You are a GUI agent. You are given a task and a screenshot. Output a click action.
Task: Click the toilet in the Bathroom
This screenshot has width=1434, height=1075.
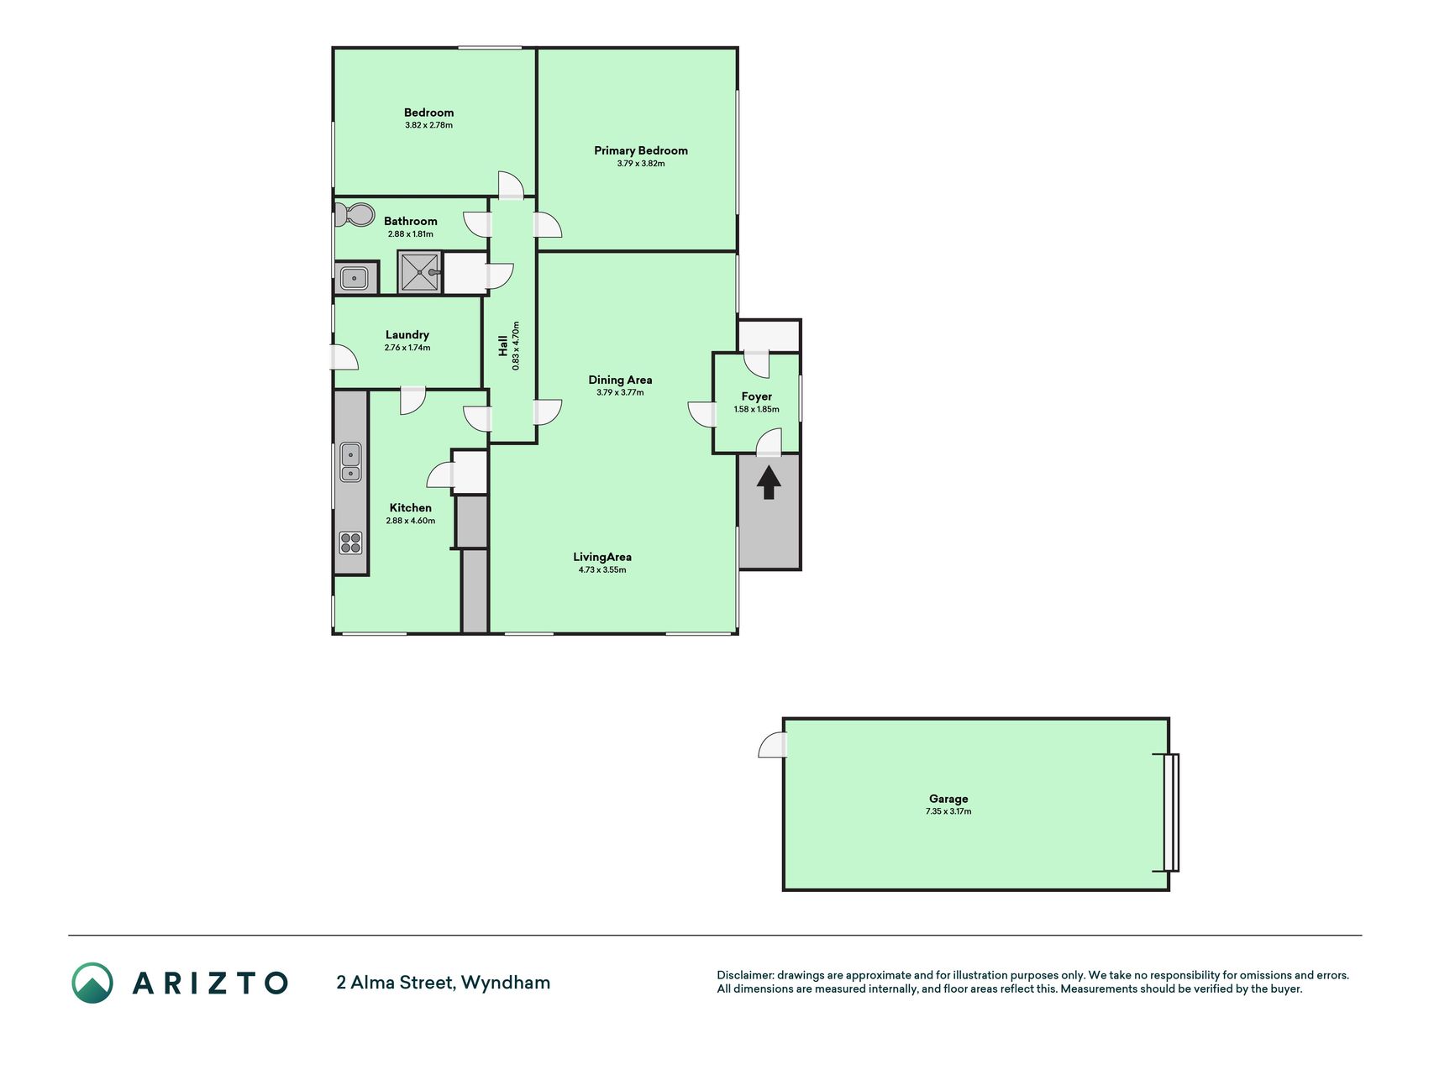coord(354,214)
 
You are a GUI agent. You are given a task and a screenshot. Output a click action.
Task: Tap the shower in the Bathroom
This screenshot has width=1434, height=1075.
coord(419,273)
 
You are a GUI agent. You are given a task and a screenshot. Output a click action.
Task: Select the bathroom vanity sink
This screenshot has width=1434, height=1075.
coord(354,277)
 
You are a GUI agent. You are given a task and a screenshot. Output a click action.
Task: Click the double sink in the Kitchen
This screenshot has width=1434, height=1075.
coord(350,464)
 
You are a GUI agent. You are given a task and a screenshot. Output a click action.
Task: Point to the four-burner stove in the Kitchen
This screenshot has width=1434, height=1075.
coord(350,543)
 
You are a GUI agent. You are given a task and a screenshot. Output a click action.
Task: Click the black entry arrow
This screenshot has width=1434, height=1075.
coord(769,483)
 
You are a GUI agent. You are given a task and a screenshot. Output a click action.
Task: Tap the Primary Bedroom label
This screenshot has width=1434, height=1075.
coord(641,150)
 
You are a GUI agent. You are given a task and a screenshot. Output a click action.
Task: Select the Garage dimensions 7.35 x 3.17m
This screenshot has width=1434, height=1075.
coord(948,811)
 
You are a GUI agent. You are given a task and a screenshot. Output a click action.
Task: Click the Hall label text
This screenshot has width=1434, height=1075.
coord(503,345)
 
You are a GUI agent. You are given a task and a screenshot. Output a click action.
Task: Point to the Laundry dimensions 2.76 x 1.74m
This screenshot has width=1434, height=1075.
coord(407,348)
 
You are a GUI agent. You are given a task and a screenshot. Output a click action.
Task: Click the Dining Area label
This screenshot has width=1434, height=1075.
coord(620,380)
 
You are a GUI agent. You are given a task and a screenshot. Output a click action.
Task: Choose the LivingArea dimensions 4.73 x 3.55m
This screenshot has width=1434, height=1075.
coord(602,569)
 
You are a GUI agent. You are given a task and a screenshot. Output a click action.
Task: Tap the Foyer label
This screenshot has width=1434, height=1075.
coord(757,396)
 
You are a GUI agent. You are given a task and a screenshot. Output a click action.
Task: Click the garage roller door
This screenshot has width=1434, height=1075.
coord(1171,812)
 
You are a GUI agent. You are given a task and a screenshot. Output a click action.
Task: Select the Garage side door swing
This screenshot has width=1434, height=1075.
coord(774,745)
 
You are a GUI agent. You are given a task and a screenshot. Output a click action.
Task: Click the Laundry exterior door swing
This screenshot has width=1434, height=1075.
coord(345,358)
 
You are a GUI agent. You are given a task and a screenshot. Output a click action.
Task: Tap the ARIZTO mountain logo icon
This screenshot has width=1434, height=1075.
coord(92,983)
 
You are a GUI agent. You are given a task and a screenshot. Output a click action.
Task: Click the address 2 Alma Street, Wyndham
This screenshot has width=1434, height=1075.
coord(444,982)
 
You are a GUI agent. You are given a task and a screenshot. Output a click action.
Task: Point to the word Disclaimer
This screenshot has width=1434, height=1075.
coord(744,975)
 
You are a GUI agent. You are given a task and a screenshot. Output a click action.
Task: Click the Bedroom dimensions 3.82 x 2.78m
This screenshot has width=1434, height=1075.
coord(428,125)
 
